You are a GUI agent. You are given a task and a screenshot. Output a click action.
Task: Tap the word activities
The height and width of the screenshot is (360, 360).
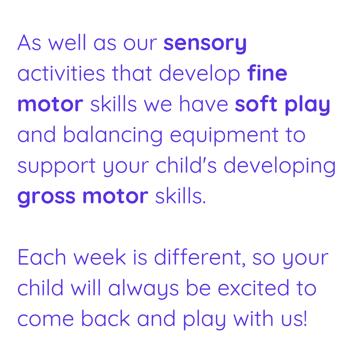pos(61,74)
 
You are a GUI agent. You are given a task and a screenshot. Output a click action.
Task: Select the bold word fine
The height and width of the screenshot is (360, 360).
pos(267,73)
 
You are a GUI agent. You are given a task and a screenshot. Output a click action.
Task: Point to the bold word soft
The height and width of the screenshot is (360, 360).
pos(256,104)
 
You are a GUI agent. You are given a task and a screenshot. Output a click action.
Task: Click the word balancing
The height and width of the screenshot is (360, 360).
pos(113,135)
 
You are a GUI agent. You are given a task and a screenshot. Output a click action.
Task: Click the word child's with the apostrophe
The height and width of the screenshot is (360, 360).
pos(186,165)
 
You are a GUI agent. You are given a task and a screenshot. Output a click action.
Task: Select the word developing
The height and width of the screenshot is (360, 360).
pos(280,166)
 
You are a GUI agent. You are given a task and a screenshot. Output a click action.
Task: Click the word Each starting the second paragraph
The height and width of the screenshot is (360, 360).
pos(42,257)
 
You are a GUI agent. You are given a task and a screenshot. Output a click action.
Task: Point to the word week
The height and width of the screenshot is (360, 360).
pos(99,257)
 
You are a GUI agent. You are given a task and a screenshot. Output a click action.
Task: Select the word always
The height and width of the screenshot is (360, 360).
pos(143,289)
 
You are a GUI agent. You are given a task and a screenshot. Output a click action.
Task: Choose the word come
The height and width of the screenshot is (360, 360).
pos(45,320)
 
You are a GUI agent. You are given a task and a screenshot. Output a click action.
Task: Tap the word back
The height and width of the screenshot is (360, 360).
pos(105,318)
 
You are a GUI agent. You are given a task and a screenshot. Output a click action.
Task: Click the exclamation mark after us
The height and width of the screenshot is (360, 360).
pos(305,318)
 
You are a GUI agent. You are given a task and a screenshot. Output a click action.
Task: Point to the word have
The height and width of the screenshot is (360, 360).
pos(203,104)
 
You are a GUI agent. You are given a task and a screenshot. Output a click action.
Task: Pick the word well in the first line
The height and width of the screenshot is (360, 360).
pos(67,43)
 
